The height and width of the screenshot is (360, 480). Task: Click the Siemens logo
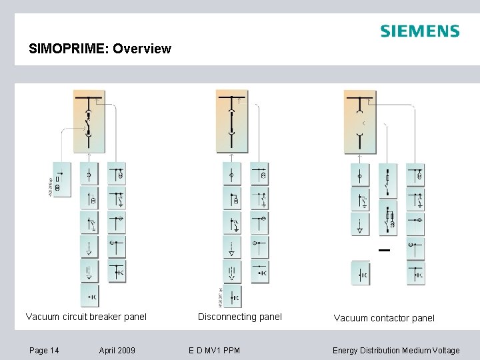coord(419,31)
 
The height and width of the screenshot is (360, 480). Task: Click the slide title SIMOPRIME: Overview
coord(100,49)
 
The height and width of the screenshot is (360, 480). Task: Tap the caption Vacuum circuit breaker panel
coord(86,317)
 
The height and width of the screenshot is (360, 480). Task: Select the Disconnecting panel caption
coord(240,317)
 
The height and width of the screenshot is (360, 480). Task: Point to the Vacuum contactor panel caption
coord(384,318)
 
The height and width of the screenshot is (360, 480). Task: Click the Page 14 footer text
coord(44,350)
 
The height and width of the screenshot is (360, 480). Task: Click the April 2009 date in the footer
coord(117,350)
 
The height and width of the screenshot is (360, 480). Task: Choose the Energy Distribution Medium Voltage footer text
coord(396,350)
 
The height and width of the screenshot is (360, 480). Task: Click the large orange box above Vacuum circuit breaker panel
coord(89,123)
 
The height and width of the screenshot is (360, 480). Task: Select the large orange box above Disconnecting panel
coord(232,123)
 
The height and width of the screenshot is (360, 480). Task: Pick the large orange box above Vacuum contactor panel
coord(360,123)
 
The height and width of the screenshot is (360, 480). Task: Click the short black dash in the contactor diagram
coord(383,251)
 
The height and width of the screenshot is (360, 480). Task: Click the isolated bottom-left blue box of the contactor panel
coord(360,274)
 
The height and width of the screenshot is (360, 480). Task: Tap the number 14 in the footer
coord(54,350)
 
